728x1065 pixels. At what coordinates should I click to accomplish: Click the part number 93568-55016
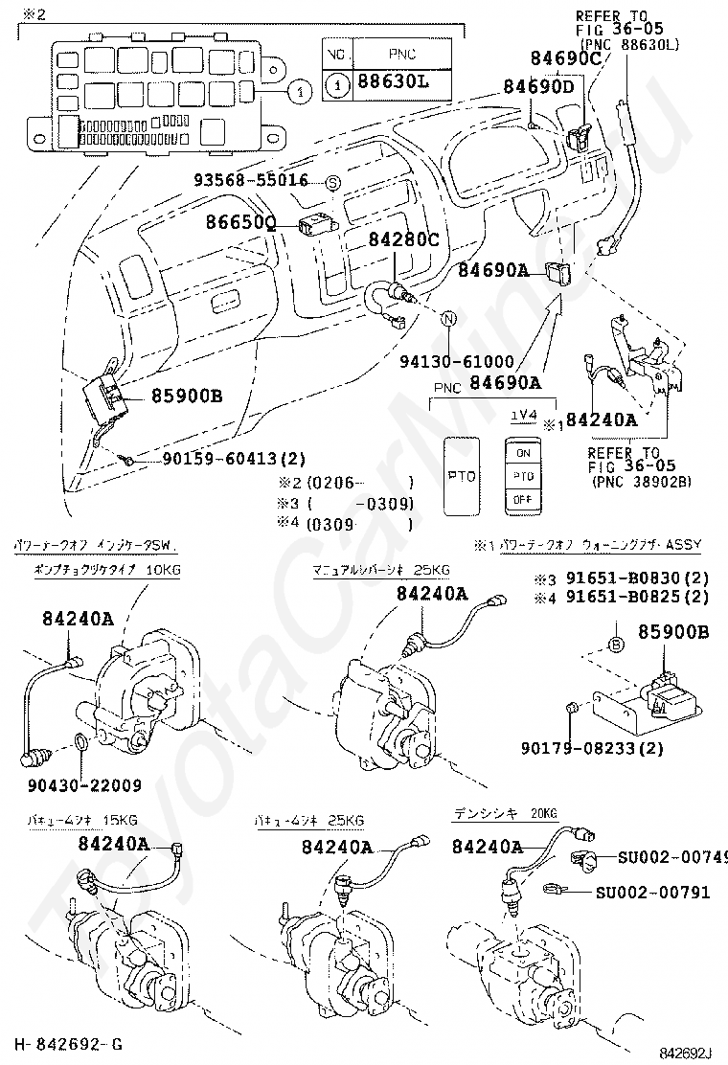pyautogui.click(x=251, y=180)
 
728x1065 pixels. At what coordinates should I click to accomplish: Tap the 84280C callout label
pyautogui.click(x=403, y=239)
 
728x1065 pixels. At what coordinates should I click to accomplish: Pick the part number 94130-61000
pyautogui.click(x=457, y=362)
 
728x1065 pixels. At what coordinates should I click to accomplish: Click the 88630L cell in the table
pyautogui.click(x=393, y=84)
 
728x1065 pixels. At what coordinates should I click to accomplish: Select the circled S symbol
pyautogui.click(x=333, y=181)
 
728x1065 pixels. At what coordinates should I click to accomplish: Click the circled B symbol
pyautogui.click(x=616, y=645)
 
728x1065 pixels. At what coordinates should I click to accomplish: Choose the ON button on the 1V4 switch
pyautogui.click(x=523, y=452)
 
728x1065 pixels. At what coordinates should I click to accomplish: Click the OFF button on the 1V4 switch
pyautogui.click(x=523, y=500)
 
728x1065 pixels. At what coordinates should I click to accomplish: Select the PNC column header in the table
pyautogui.click(x=392, y=53)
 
